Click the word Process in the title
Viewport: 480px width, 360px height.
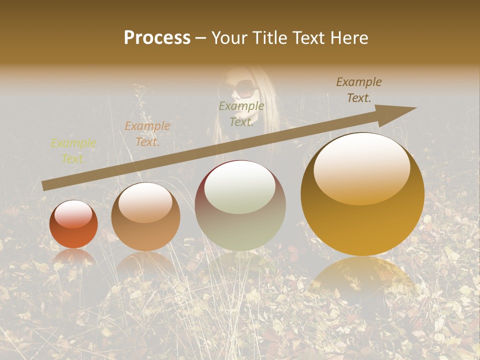(157, 38)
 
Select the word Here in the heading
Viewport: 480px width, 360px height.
(350, 38)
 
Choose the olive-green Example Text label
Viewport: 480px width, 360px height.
(241, 114)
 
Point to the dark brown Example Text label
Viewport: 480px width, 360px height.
(359, 90)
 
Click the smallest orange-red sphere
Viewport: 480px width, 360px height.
(73, 224)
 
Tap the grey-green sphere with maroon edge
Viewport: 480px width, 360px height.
(240, 205)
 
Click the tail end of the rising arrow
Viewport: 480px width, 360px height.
(44, 185)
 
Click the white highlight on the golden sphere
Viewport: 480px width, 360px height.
(362, 167)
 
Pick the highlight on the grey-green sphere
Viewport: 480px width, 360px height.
(240, 187)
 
